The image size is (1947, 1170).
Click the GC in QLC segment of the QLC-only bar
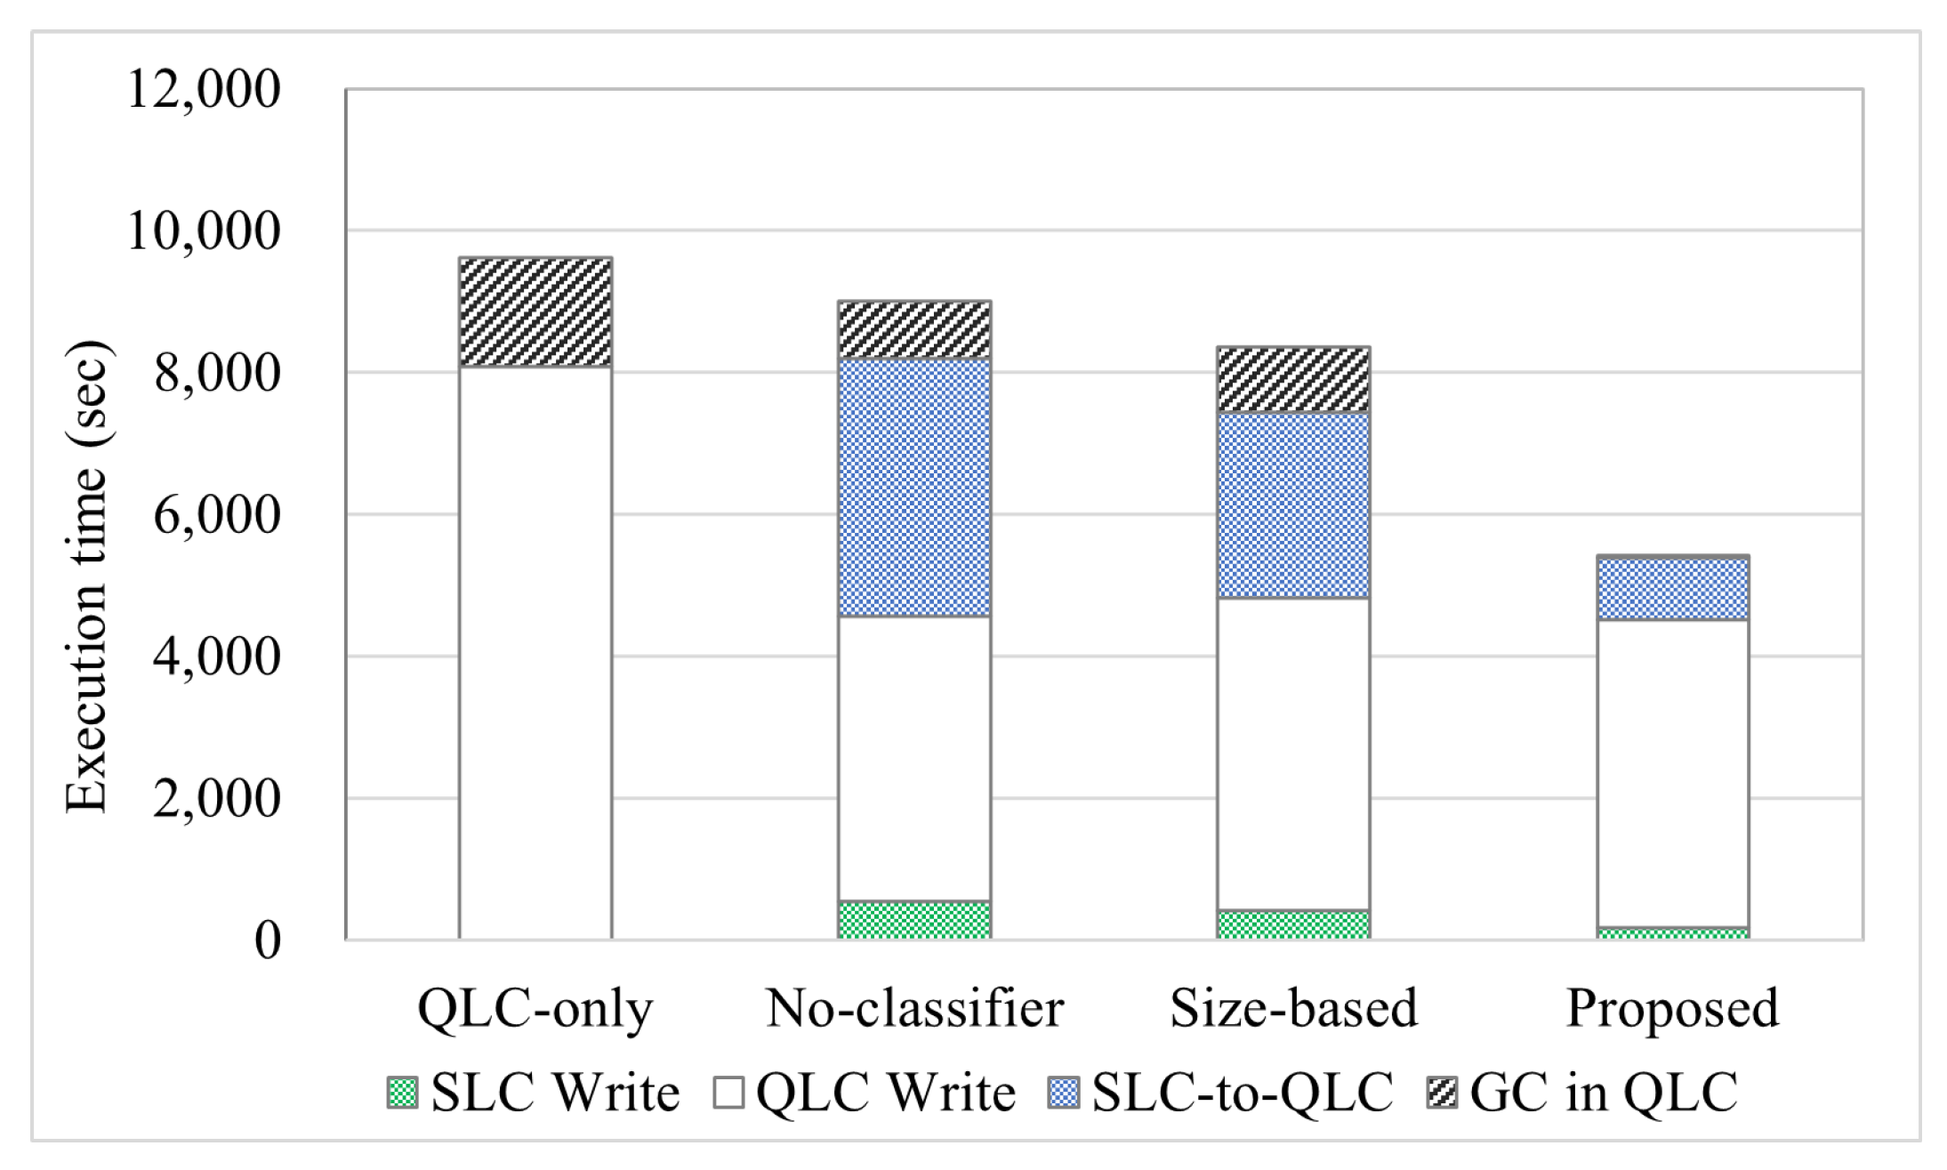535,311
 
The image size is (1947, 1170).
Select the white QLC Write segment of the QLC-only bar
535,650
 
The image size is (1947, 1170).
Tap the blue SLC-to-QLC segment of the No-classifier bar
914,487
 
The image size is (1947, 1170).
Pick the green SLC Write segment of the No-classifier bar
914,920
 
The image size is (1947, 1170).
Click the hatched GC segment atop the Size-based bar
1293,380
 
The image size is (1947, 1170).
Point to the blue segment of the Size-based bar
1293,505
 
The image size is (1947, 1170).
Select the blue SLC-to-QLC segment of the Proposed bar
1672,589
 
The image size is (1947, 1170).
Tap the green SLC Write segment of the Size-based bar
1293,924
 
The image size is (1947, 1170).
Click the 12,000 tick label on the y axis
204,89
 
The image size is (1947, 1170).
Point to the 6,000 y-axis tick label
216,515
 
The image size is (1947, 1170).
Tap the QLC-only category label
535,1008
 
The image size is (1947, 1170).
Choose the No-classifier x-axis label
914,1008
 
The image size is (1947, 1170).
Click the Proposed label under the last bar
1672,1008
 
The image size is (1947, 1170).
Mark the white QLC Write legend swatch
728,1093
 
